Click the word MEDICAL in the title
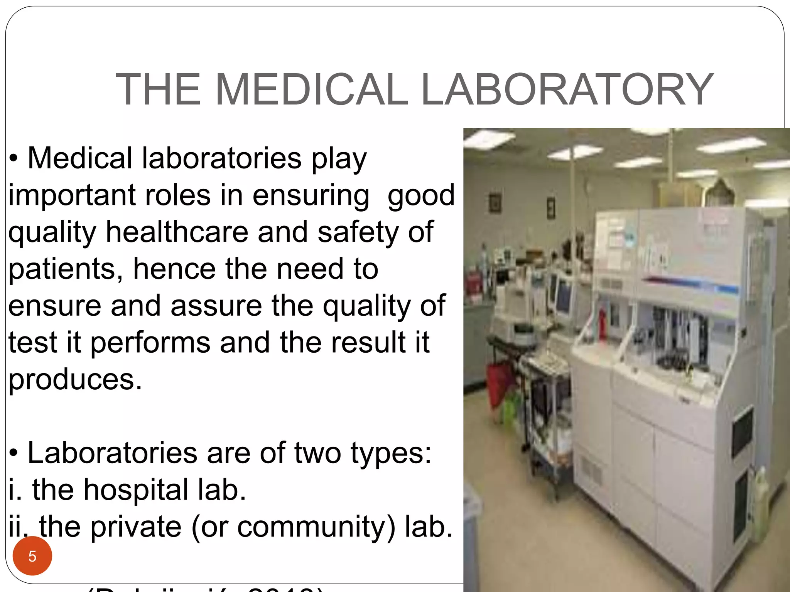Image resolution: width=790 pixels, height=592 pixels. pos(311,89)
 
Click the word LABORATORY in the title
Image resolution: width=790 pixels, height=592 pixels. pos(567,89)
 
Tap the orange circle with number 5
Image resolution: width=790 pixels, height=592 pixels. pos(32,556)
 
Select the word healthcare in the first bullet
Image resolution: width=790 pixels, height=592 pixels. pos(177,232)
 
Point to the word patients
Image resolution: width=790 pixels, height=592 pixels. pos(62,269)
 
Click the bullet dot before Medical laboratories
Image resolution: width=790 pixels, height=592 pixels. pos(14,159)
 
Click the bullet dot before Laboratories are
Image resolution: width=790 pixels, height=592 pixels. pos(14,454)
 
